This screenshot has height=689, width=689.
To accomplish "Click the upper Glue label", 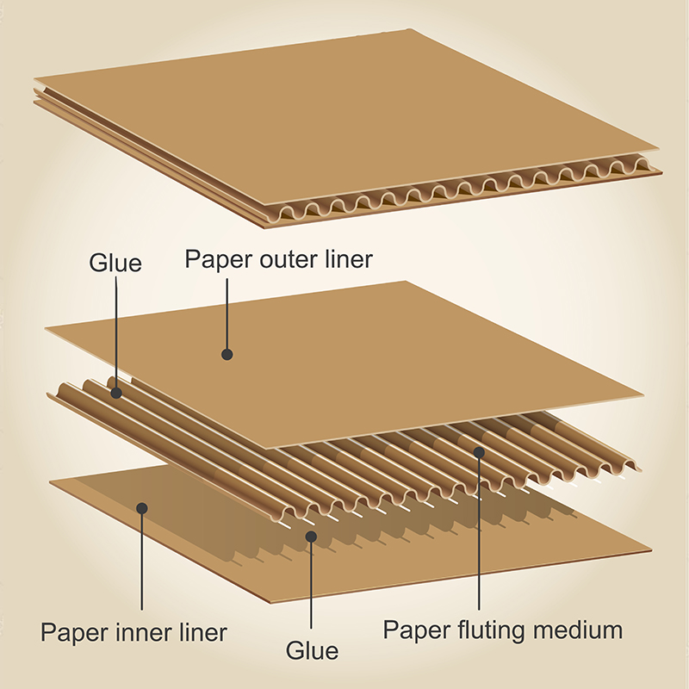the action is point(115,263).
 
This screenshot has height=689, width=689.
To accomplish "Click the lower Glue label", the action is point(312,650).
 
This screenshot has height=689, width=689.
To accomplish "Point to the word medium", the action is point(578,630).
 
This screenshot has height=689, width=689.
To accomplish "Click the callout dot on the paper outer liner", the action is point(227,354).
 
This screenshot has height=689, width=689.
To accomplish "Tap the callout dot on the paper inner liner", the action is point(141,508).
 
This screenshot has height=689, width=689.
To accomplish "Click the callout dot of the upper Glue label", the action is point(116,393).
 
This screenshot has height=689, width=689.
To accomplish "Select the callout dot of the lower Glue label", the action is point(311,537).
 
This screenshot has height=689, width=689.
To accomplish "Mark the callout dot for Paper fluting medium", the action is point(479,452).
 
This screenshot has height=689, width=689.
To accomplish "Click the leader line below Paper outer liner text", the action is point(227,313).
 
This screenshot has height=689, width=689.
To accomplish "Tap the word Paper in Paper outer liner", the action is point(220,259).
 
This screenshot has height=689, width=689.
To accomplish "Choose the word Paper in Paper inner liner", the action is point(75,633).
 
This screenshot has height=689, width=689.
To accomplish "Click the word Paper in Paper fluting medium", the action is point(417,630).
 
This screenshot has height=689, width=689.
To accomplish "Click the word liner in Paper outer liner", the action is point(349,258).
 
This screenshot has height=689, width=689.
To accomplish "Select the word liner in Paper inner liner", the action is point(203,632).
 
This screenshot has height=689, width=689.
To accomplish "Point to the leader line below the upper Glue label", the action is point(116,332).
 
